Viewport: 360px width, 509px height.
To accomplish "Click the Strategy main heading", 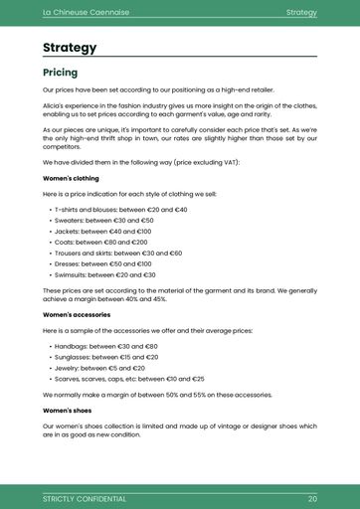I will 70,48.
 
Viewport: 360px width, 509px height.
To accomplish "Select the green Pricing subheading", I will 60,73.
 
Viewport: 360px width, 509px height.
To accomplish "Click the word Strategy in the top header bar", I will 301,12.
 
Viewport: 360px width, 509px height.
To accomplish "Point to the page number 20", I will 312,498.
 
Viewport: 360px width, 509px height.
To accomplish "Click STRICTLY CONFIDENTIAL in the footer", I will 85,498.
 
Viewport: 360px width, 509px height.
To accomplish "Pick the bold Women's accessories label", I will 77,314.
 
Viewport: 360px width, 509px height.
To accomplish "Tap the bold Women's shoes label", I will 68,410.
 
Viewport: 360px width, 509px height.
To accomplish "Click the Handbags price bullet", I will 108,346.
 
